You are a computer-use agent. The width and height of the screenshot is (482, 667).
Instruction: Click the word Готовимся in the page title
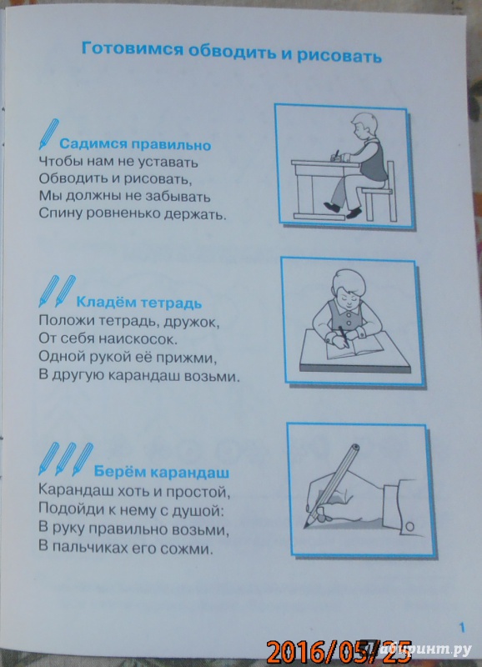pyautogui.click(x=133, y=49)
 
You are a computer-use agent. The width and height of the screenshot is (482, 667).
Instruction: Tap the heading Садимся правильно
pyautogui.click(x=135, y=144)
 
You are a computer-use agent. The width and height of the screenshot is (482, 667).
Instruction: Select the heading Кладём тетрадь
pyautogui.click(x=138, y=303)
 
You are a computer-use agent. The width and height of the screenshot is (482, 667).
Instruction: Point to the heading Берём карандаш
pyautogui.click(x=161, y=472)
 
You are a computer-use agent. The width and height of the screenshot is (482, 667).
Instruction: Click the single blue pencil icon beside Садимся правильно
pyautogui.click(x=48, y=134)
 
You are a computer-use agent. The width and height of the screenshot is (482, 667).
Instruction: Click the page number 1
pyautogui.click(x=463, y=628)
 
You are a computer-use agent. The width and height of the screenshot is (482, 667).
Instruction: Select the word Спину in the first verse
pyautogui.click(x=60, y=214)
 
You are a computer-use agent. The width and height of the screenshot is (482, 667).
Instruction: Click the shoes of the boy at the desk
pyautogui.click(x=343, y=209)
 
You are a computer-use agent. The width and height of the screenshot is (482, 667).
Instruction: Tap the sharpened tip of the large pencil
pyautogui.click(x=305, y=527)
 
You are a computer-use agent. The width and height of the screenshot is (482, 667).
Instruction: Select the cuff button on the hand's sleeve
pyautogui.click(x=409, y=527)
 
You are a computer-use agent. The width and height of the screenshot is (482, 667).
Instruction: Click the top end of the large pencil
pyautogui.click(x=355, y=448)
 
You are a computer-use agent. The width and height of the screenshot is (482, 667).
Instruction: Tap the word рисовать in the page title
pyautogui.click(x=339, y=56)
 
